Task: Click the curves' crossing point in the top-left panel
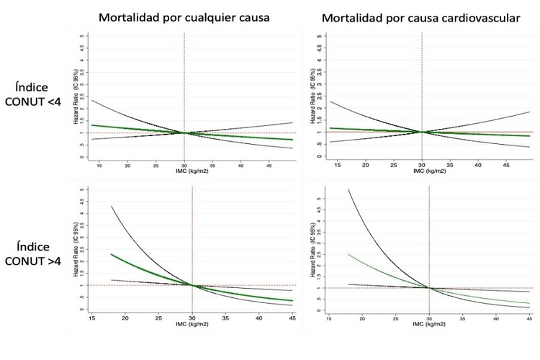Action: [x=185, y=132]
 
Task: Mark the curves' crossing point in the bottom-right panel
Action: [x=429, y=288]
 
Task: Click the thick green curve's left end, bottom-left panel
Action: [x=112, y=254]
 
